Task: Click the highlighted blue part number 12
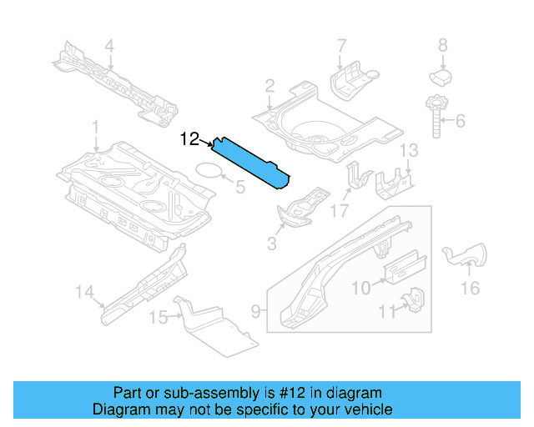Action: coord(250,160)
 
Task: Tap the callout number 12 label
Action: coord(189,139)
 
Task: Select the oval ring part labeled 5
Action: coord(209,172)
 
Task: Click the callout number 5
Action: coord(239,187)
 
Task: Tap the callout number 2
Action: coord(270,85)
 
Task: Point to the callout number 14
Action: coord(83,291)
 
